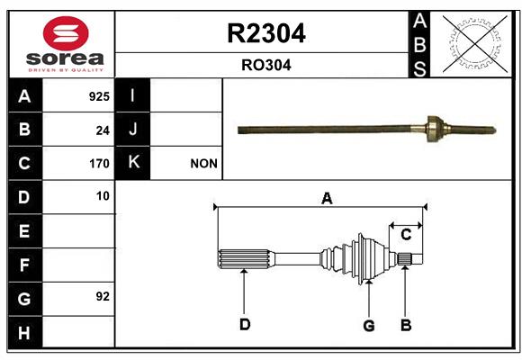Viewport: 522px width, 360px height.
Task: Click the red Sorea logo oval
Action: [x=66, y=33]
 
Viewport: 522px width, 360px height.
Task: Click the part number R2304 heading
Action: [x=266, y=33]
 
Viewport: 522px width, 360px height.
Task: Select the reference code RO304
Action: [x=266, y=65]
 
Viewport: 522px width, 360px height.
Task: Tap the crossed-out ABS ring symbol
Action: [x=475, y=43]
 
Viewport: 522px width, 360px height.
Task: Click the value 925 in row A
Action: [x=99, y=96]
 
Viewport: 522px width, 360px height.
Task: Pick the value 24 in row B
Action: [x=103, y=130]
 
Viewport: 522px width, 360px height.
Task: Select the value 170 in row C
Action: [x=99, y=164]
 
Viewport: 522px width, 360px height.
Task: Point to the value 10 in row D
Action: [x=103, y=196]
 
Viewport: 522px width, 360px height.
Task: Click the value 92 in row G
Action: [x=103, y=296]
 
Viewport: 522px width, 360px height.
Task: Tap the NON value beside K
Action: [x=203, y=164]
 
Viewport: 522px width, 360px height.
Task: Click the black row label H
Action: [x=25, y=332]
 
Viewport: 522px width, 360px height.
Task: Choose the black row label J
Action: [x=132, y=129]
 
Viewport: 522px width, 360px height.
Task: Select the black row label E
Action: [x=25, y=230]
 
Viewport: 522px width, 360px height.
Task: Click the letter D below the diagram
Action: [x=245, y=324]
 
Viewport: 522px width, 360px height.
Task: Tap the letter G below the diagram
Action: [x=369, y=326]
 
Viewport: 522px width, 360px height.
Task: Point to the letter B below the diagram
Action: [x=406, y=325]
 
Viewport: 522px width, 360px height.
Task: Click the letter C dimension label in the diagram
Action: [x=406, y=235]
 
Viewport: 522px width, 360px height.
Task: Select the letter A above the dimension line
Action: [x=327, y=199]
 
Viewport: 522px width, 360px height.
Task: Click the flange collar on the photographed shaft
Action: [x=434, y=129]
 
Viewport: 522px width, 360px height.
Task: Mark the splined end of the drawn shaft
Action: [x=246, y=259]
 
